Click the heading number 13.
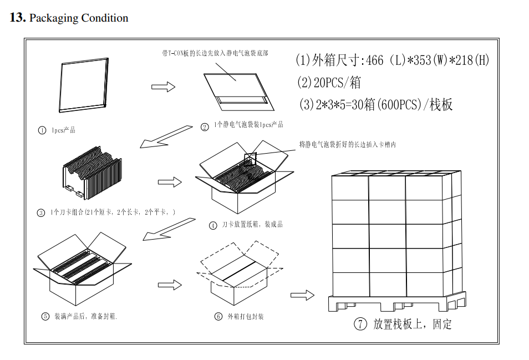click(x=17, y=18)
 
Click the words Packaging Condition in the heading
click(x=78, y=18)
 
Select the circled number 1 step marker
click(x=42, y=130)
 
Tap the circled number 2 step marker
click(x=205, y=127)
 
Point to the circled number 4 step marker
click(x=213, y=226)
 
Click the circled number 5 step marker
click(x=45, y=317)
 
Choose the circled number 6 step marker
click(x=218, y=317)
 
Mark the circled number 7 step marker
click(x=360, y=324)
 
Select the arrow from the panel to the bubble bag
click(x=164, y=87)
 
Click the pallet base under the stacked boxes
click(x=396, y=303)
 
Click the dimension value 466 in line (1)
click(x=375, y=60)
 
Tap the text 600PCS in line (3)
click(x=400, y=104)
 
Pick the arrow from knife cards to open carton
click(x=170, y=181)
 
